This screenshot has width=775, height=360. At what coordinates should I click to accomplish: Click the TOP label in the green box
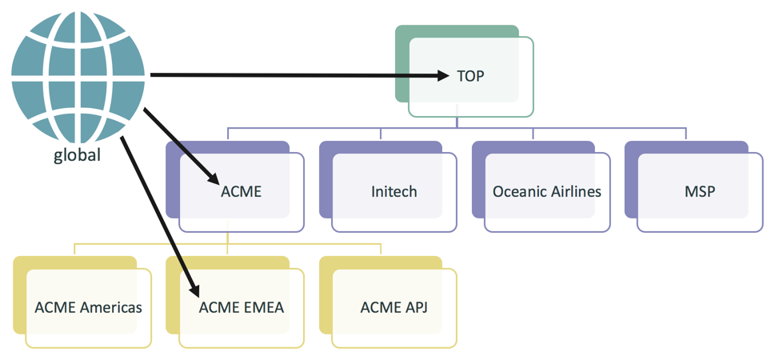pos(471,76)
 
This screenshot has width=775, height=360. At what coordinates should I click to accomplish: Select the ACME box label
pos(241,191)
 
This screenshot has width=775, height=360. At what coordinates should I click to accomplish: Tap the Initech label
pos(393,191)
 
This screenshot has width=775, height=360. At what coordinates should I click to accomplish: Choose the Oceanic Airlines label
pos(546,191)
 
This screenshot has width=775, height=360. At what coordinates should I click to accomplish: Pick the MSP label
pos(700,191)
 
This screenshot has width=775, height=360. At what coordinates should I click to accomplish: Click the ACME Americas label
pos(88,307)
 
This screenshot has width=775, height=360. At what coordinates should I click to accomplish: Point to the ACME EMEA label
pos(241,307)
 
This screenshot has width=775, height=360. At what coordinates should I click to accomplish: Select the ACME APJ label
pos(393,307)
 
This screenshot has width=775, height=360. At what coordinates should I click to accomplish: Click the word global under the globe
pos(77,155)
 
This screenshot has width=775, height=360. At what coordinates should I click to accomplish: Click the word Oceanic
pos(517,191)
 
